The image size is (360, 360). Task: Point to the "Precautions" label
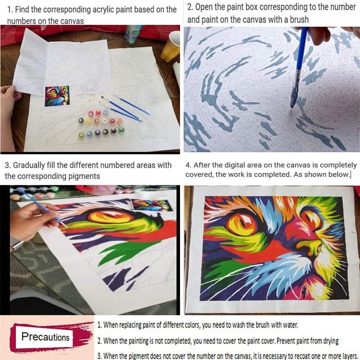pyautogui.click(x=45, y=337)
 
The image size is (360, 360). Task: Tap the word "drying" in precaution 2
pyautogui.click(x=331, y=341)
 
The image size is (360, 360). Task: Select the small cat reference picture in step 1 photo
pyautogui.click(x=57, y=96)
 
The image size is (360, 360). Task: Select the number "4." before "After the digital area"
pyautogui.click(x=188, y=165)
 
